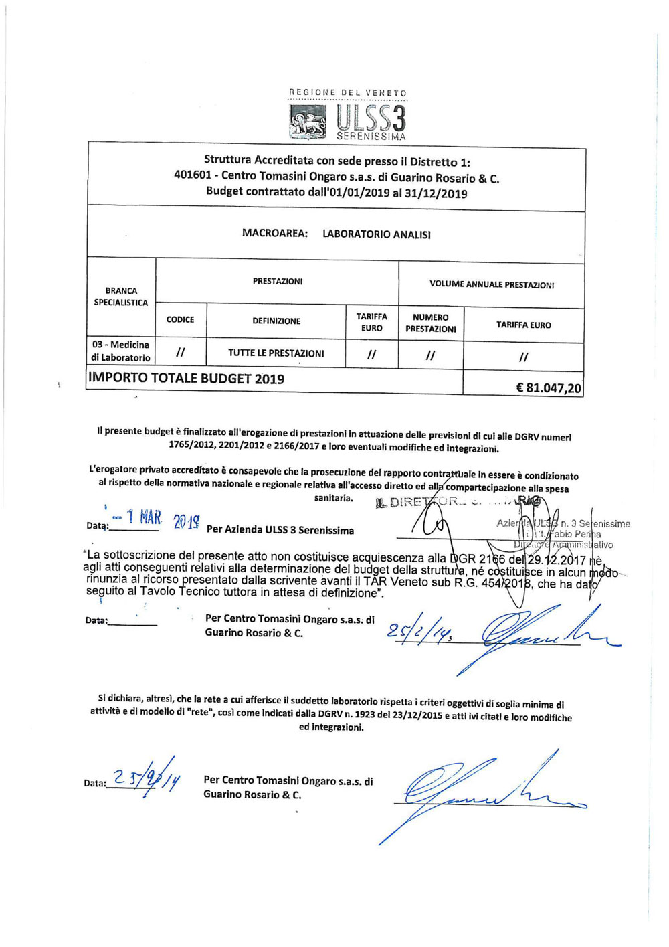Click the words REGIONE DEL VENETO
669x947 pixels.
coord(347,93)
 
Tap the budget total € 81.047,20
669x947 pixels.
coord(549,388)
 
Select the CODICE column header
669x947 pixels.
coord(180,320)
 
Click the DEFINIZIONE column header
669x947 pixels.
coord(276,321)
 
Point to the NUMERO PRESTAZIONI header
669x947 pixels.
coord(430,323)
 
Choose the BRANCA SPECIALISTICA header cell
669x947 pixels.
coord(121,296)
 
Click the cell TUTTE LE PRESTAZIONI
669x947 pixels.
coord(276,353)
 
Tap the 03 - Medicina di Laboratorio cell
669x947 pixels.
coord(121,351)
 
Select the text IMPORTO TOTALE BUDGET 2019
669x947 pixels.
coord(186,379)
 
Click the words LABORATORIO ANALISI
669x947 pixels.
coord(376,234)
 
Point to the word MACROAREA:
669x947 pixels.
coord(275,234)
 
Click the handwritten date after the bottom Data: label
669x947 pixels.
coord(145,778)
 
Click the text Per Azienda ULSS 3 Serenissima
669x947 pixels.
coord(280,530)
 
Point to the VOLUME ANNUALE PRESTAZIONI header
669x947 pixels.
coord(491,285)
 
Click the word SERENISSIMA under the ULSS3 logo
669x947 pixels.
coord(371,137)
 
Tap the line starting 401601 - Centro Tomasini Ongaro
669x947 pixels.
coord(337,178)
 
